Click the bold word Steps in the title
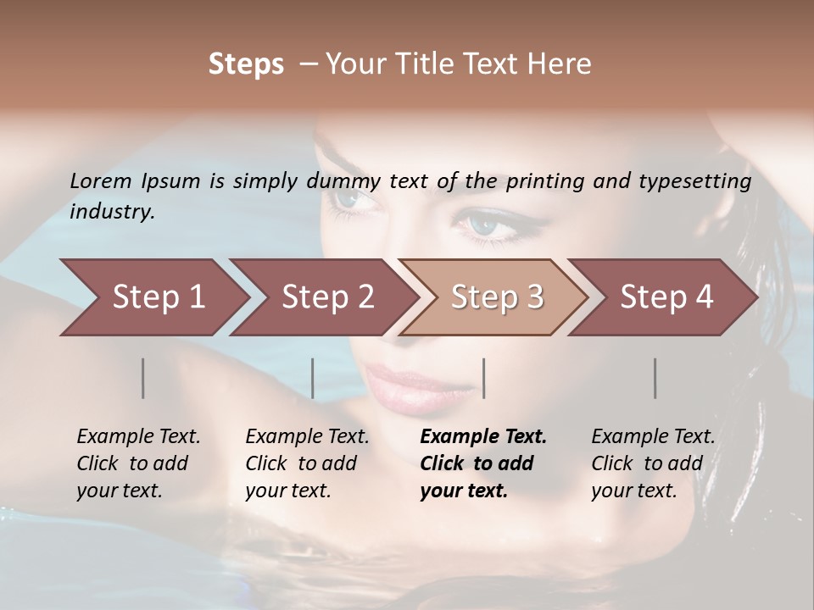[x=246, y=64]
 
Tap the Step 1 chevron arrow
[x=153, y=297]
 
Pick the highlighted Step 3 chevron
[x=495, y=297]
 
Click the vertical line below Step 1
[x=143, y=378]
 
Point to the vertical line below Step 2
[x=313, y=378]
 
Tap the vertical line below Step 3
[x=483, y=378]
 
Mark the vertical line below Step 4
[x=655, y=378]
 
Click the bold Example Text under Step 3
[x=483, y=437]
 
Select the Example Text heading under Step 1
[x=138, y=437]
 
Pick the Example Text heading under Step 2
[x=307, y=437]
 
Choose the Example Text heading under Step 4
[x=653, y=437]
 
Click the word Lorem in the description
[x=101, y=180]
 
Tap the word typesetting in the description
[x=702, y=180]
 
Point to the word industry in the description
[x=112, y=212]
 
